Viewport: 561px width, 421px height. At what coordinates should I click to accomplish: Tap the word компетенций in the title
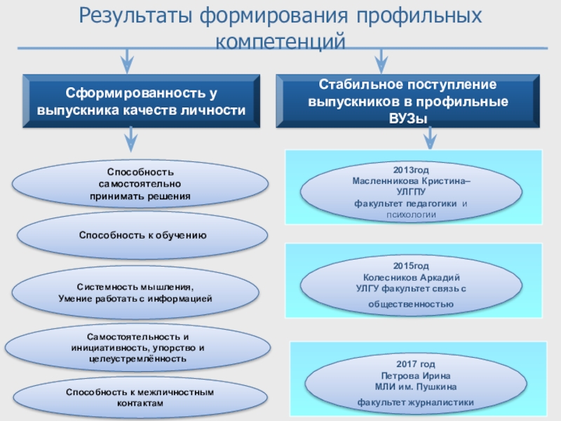280,41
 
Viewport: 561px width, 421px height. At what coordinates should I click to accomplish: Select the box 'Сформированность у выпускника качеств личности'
141,102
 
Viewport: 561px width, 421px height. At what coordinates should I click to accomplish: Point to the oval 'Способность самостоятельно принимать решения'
141,184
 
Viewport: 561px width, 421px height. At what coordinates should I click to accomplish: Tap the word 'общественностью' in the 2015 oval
411,304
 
